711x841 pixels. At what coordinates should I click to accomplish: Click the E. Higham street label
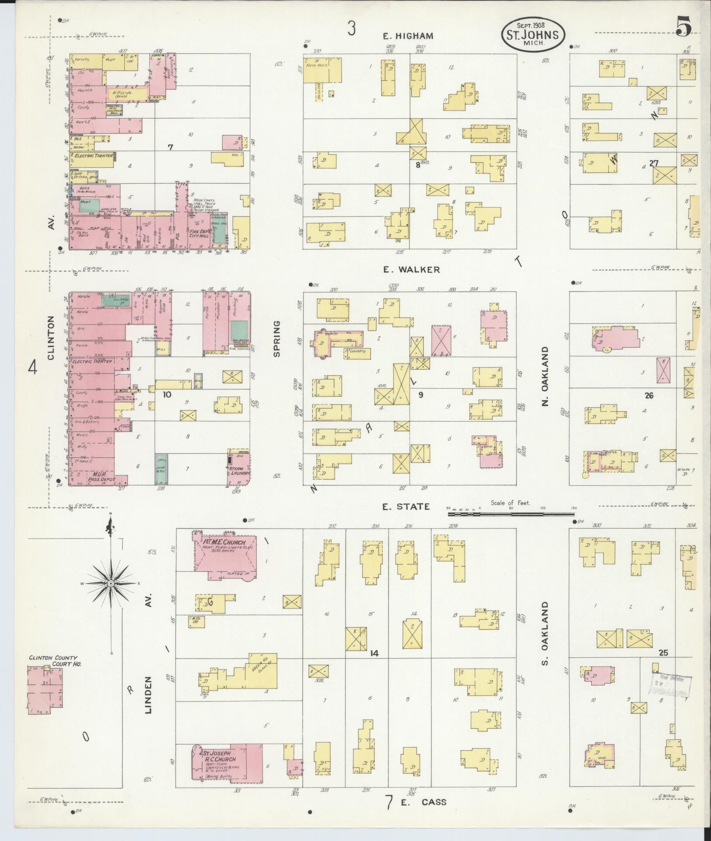coord(408,36)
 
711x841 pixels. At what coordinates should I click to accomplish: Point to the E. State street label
coord(406,506)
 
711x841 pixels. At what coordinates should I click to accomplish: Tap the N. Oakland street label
coord(545,376)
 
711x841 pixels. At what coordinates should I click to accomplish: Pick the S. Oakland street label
coord(545,639)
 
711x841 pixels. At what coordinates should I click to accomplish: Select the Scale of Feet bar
coord(511,514)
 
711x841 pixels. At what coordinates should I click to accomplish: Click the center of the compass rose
coord(111,583)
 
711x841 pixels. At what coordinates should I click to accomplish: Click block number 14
coord(374,666)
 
